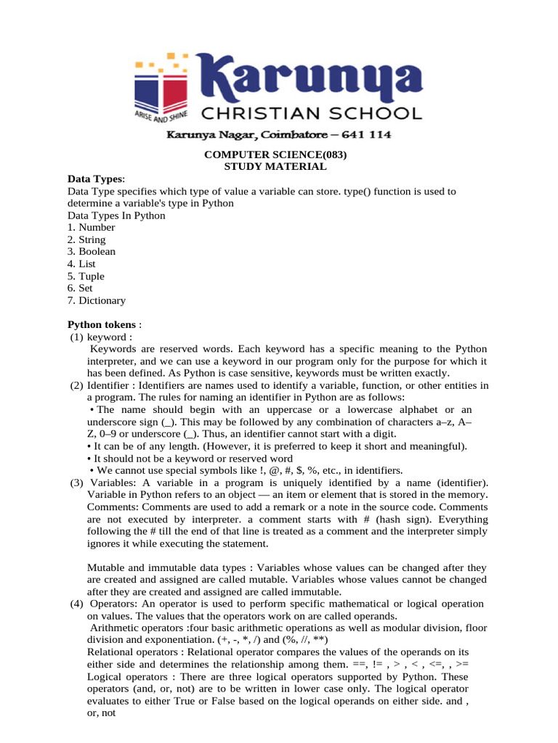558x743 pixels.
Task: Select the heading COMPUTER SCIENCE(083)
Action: point(275,155)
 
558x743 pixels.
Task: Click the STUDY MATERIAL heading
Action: point(275,167)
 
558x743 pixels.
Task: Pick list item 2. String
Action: point(86,239)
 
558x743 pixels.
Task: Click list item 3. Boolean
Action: point(91,252)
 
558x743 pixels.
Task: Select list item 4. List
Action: point(81,264)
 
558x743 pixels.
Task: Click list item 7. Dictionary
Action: point(96,300)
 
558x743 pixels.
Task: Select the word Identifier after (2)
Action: point(110,385)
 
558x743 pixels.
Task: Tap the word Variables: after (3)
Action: point(113,483)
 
